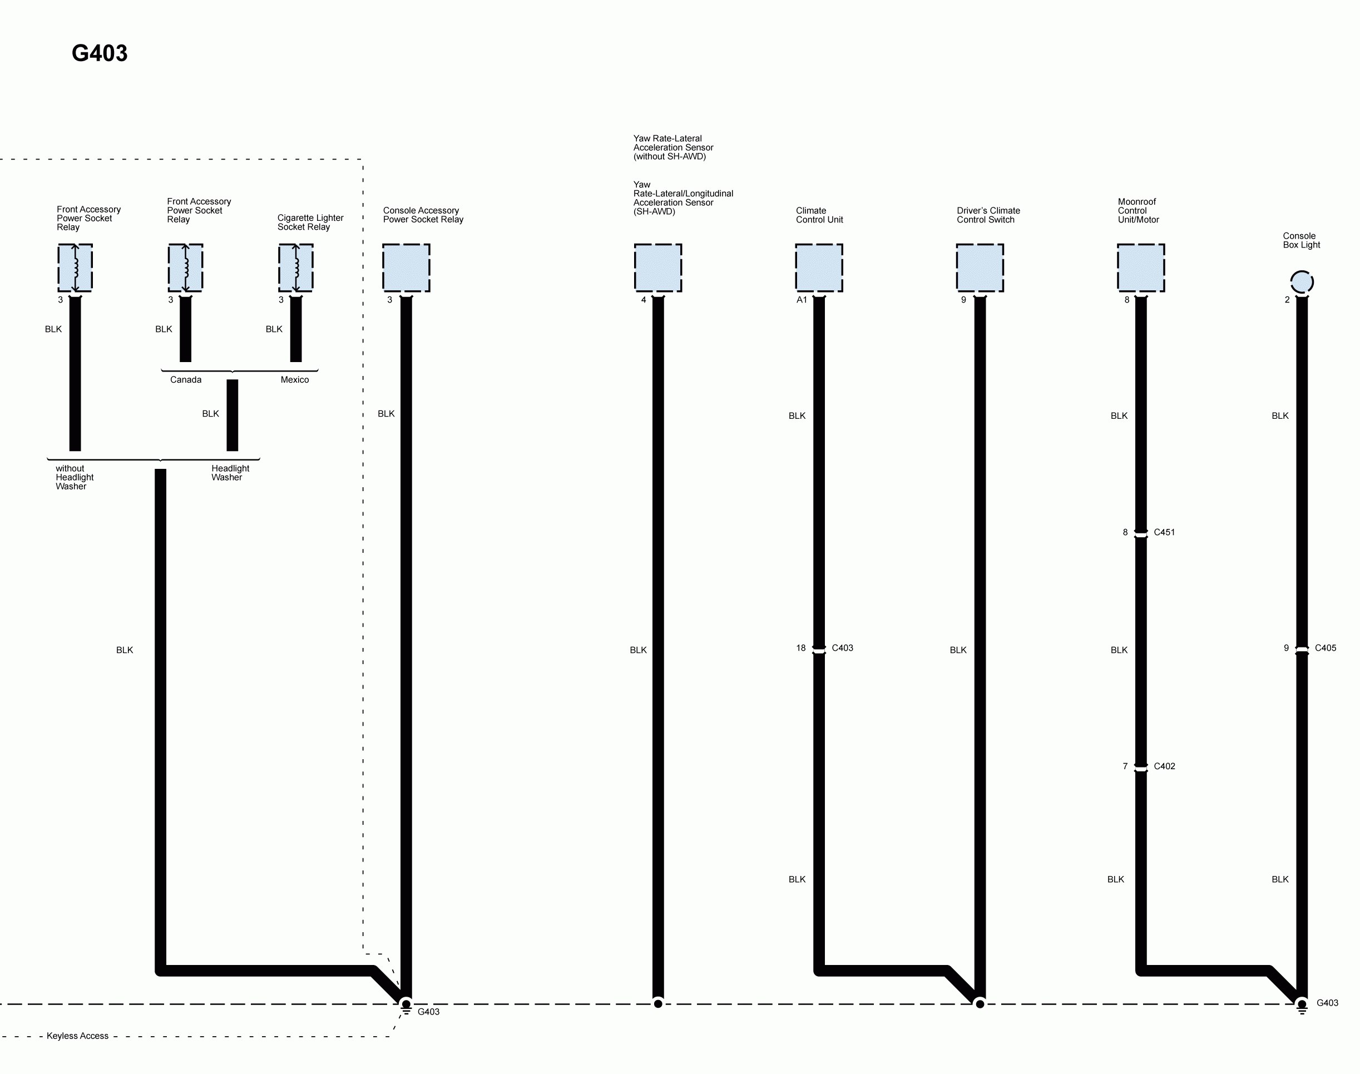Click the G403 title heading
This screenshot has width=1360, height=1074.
pyautogui.click(x=100, y=53)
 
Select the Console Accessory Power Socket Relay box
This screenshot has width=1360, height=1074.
pyautogui.click(x=406, y=268)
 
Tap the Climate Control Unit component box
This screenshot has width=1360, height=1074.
pyautogui.click(x=819, y=268)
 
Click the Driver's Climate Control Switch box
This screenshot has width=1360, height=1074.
pyautogui.click(x=980, y=268)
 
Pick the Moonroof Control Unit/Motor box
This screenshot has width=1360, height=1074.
pyautogui.click(x=1140, y=268)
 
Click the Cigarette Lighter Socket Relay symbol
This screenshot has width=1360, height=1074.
pyautogui.click(x=295, y=268)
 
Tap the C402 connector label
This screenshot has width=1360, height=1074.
pyautogui.click(x=1164, y=766)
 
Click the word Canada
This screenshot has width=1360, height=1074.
pyautogui.click(x=185, y=380)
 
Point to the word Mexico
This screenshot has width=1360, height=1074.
pyautogui.click(x=294, y=380)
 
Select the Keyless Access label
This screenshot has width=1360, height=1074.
pyautogui.click(x=77, y=1036)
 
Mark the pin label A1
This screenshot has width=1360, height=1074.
pyautogui.click(x=802, y=300)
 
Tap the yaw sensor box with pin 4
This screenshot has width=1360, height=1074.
pyautogui.click(x=657, y=268)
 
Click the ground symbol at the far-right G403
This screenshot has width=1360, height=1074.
pyautogui.click(x=1302, y=1007)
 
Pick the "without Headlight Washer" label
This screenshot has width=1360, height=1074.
pyautogui.click(x=74, y=477)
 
